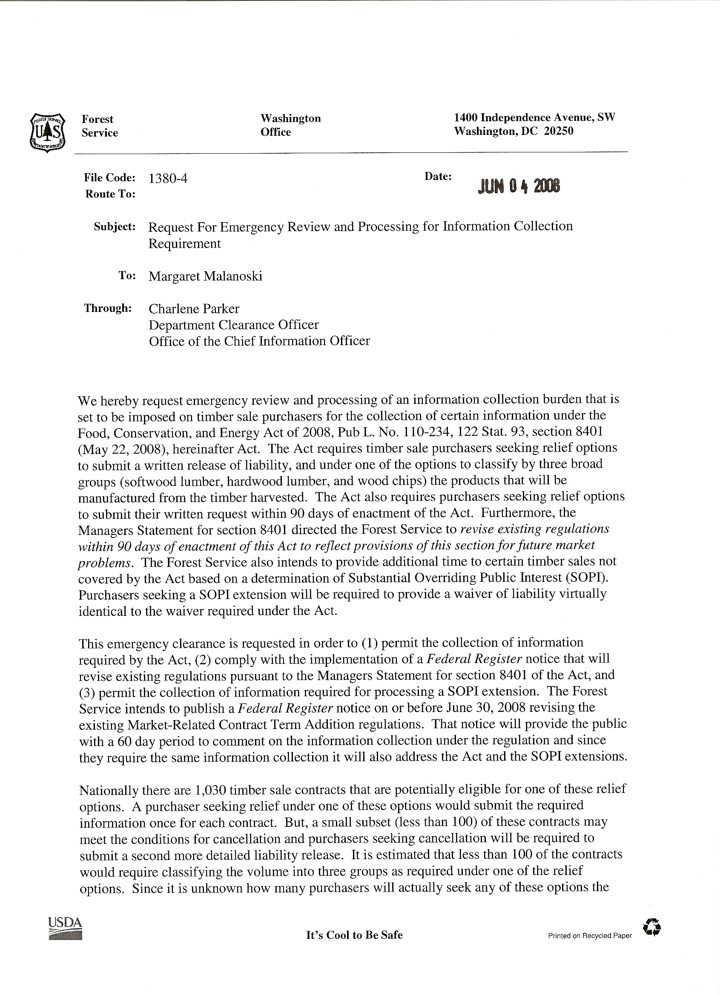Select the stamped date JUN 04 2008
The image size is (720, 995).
(x=519, y=186)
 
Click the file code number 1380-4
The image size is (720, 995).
(x=168, y=179)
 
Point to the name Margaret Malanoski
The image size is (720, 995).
(x=206, y=276)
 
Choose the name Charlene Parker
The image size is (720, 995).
(x=194, y=309)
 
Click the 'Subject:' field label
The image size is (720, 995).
(x=115, y=227)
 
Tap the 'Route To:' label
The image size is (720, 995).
(x=110, y=194)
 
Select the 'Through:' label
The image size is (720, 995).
(x=108, y=309)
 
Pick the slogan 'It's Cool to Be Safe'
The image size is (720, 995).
(x=354, y=935)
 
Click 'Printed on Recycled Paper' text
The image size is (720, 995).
(x=590, y=936)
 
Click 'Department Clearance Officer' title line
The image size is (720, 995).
(x=234, y=325)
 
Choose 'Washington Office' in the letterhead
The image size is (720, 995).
(x=290, y=126)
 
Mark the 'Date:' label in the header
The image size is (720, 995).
(x=438, y=177)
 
